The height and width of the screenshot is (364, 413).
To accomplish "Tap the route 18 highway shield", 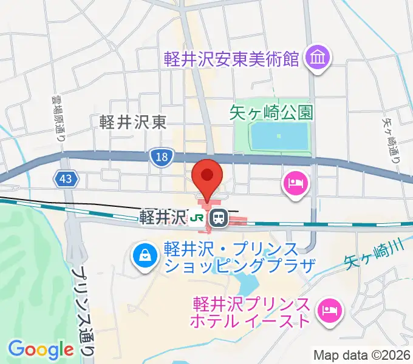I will (160, 157).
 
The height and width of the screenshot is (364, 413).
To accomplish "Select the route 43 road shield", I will (66, 178).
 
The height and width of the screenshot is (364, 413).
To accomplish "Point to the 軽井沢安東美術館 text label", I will (232, 59).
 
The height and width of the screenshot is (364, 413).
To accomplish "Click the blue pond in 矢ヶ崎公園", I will (279, 136).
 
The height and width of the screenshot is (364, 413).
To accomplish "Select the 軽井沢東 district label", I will (133, 123).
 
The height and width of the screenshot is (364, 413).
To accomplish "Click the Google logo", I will (41, 349).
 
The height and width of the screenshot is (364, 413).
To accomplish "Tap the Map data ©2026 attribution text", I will (361, 354).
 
